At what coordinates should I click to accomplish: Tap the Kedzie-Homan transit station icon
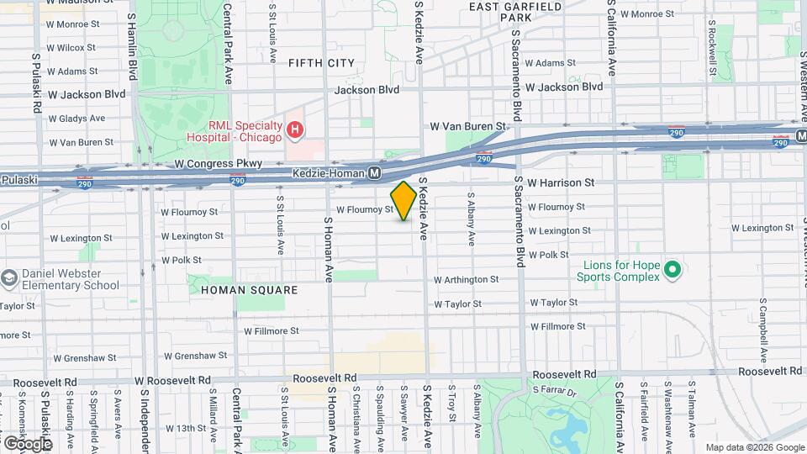coord(375,173)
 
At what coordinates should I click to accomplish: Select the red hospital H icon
coord(294,129)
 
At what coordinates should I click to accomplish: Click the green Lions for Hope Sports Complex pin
coord(671,270)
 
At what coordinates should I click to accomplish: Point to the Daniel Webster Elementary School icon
coord(9,277)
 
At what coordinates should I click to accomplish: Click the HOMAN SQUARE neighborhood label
coord(250,290)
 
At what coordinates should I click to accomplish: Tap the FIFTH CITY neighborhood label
coord(321,63)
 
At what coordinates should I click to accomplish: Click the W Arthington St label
coord(467,280)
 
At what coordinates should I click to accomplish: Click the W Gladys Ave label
coord(76,119)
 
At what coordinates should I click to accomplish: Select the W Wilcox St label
coord(71,48)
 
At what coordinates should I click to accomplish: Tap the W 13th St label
coord(186,428)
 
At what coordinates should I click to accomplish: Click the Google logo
coord(28,443)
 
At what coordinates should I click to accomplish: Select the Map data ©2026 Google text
coord(754,447)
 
